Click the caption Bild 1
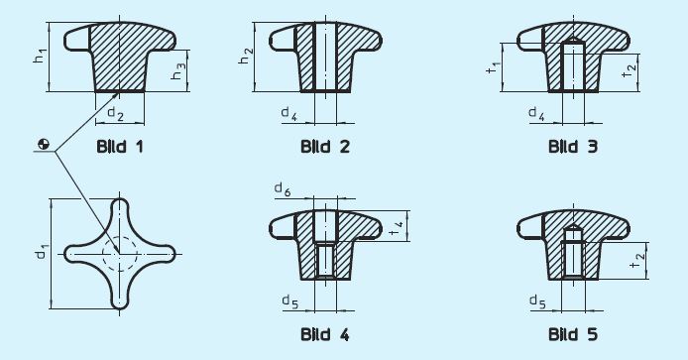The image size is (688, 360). [120, 147]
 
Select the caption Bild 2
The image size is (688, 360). [325, 147]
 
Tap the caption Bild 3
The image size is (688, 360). [573, 147]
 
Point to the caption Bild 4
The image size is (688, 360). [325, 334]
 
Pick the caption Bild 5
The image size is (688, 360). [573, 334]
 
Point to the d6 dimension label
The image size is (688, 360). [283, 189]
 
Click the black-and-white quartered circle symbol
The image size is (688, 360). [43, 147]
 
